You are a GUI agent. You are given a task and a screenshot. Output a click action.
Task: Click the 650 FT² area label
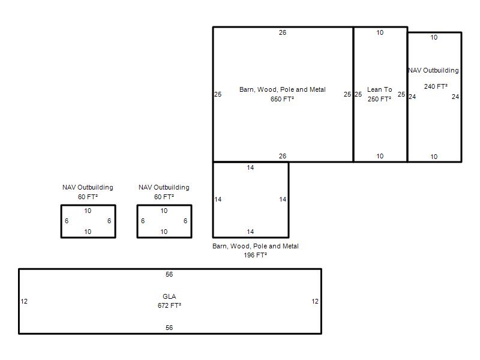[282, 99]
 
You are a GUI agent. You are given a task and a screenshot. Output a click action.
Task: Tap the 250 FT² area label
[379, 99]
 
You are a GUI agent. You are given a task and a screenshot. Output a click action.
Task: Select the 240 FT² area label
[436, 86]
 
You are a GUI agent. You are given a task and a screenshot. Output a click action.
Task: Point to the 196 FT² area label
[256, 255]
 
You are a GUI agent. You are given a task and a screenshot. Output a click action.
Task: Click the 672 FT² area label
[169, 305]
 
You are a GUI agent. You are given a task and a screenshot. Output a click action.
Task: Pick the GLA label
[169, 296]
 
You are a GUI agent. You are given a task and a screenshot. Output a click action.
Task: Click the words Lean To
[380, 89]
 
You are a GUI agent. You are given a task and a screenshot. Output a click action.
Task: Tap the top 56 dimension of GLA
[169, 274]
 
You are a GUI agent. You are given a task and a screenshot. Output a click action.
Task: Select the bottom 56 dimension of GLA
[169, 328]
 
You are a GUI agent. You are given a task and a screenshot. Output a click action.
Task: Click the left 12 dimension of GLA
[24, 301]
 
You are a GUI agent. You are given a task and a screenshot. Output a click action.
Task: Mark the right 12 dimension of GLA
[315, 301]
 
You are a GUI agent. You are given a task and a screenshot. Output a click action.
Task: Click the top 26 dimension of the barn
[283, 32]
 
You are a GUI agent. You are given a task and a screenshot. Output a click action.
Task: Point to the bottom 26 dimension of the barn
[283, 156]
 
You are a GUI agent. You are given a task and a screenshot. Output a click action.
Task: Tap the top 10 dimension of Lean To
[380, 32]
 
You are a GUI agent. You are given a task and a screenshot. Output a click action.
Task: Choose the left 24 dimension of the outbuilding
[412, 97]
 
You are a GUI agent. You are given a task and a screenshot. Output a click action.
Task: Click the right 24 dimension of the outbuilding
[455, 97]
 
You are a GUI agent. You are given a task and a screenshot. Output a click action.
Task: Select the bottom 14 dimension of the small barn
[250, 232]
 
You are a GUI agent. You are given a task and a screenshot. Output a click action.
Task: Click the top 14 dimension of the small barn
[250, 167]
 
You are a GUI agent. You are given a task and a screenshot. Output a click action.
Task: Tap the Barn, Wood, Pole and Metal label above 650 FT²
[283, 89]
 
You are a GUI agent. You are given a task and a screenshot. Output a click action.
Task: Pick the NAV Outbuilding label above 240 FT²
[433, 70]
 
